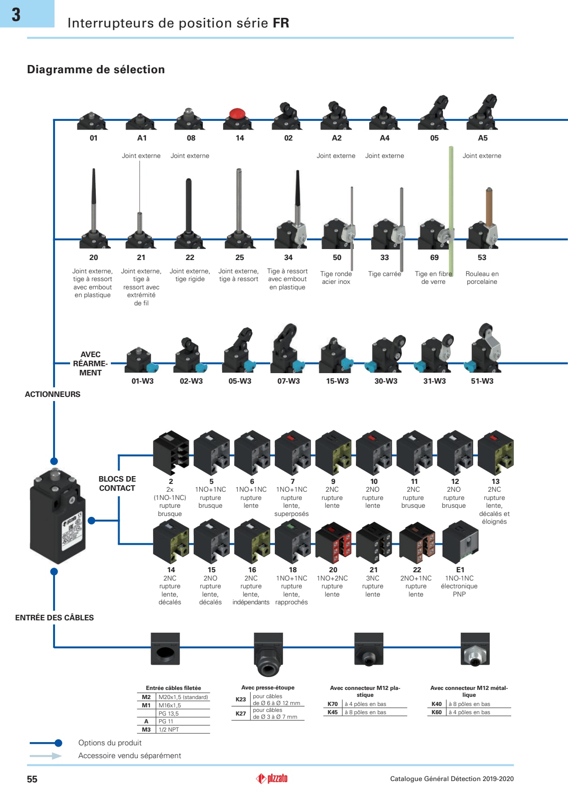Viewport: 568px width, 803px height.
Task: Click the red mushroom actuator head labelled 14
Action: click(237, 114)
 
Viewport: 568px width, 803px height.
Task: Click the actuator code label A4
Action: click(385, 138)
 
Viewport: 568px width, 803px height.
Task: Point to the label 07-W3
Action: click(289, 381)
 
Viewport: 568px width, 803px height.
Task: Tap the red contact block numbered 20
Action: click(333, 543)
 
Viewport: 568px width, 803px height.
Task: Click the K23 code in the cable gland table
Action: click(241, 699)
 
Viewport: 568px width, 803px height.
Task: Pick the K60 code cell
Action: click(437, 712)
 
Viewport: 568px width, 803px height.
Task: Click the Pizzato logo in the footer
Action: click(272, 778)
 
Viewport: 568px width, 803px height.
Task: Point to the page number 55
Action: click(32, 779)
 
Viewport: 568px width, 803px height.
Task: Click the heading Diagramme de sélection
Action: click(96, 70)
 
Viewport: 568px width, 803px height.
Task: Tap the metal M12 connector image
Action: click(475, 650)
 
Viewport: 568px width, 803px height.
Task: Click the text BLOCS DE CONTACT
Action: click(117, 483)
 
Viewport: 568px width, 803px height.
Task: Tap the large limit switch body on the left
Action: click(57, 517)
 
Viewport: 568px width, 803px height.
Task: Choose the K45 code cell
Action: click(333, 712)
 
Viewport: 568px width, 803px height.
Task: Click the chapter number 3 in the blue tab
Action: click(16, 15)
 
